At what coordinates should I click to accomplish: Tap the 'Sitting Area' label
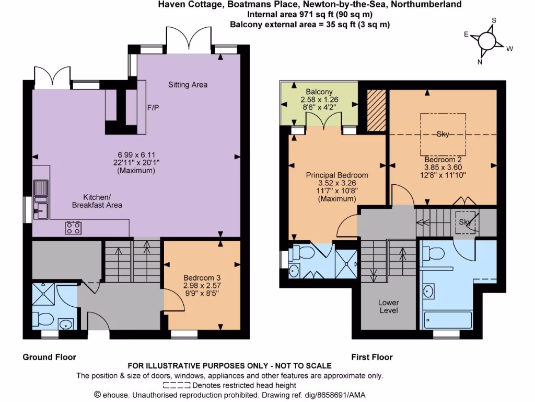pyautogui.click(x=188, y=84)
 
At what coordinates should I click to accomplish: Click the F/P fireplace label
pyautogui.click(x=153, y=108)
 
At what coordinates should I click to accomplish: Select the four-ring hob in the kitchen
pyautogui.click(x=73, y=227)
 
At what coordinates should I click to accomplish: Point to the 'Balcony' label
pyautogui.click(x=319, y=92)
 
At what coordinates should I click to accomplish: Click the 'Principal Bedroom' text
pyautogui.click(x=336, y=175)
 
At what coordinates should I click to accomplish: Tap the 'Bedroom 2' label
pyautogui.click(x=442, y=159)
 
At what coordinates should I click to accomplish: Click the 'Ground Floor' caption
pyautogui.click(x=49, y=357)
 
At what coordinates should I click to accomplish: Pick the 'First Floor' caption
pyautogui.click(x=371, y=357)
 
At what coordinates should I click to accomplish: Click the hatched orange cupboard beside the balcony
pyautogui.click(x=376, y=110)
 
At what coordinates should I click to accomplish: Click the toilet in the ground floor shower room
pyautogui.click(x=42, y=318)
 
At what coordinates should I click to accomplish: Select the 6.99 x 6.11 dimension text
pyautogui.click(x=136, y=154)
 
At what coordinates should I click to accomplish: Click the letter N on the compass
pyautogui.click(x=480, y=61)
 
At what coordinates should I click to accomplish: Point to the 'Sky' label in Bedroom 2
pyautogui.click(x=443, y=134)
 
